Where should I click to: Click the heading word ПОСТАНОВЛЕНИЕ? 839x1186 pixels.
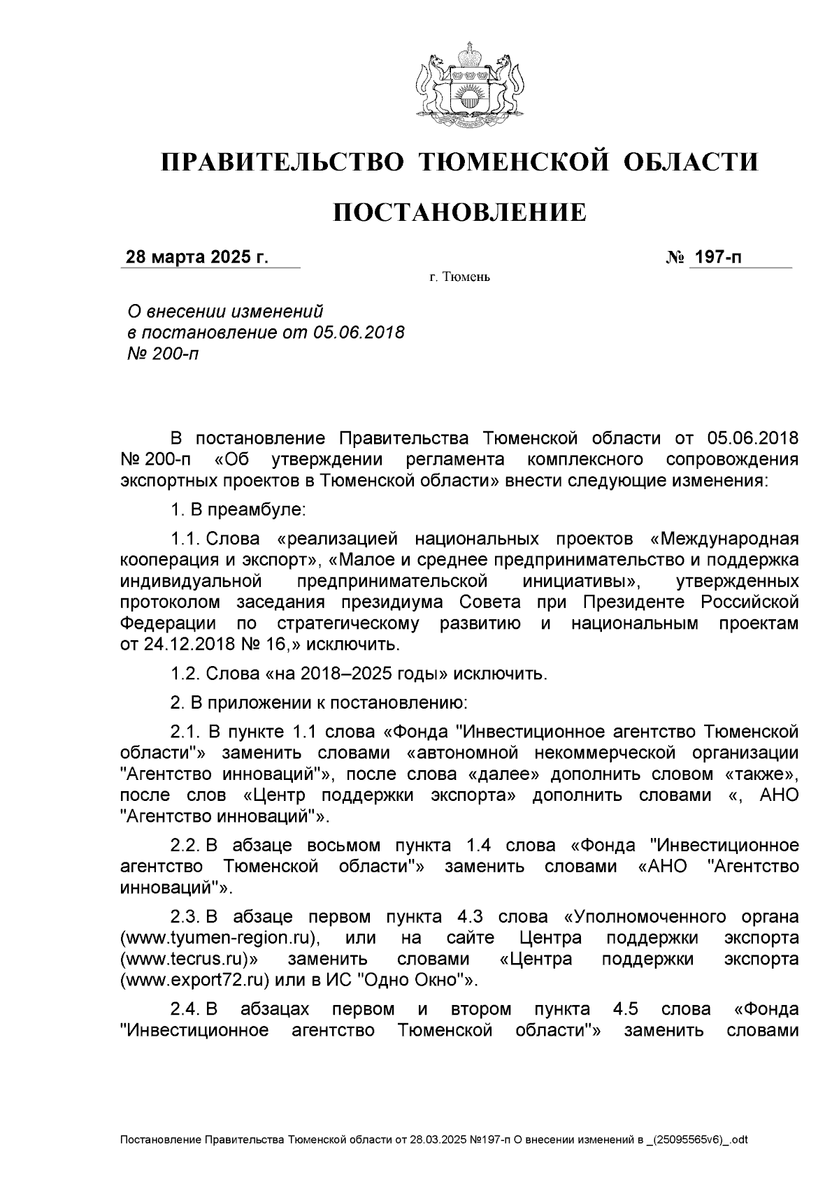[x=459, y=212]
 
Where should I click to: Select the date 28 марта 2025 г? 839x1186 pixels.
[x=196, y=257]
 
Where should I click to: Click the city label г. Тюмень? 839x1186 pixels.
[x=459, y=278]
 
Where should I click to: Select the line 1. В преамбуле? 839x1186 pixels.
[x=238, y=509]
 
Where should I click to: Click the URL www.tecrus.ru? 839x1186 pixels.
[x=187, y=959]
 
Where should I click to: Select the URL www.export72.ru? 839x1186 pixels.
[x=195, y=980]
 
